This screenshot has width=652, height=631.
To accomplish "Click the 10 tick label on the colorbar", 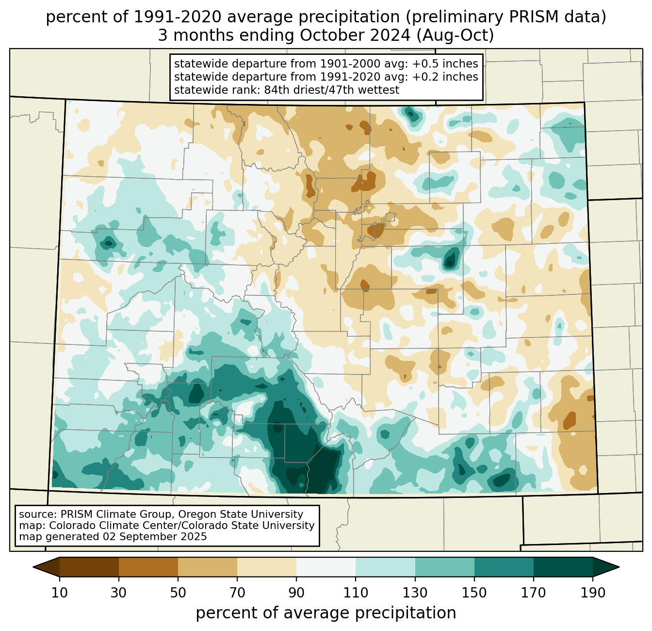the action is coord(60,593).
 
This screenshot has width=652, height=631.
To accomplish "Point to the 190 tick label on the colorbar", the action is coord(593,593).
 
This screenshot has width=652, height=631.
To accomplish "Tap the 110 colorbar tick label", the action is coord(356,593).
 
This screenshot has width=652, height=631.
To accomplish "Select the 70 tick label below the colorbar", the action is coord(237,593).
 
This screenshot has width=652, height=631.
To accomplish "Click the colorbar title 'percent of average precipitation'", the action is coord(326,613).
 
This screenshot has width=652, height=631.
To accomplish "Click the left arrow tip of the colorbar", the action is coord(33,567).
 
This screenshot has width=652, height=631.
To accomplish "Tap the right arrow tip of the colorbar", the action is coord(619,567).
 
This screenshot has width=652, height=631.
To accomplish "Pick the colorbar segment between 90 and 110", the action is coord(326,567).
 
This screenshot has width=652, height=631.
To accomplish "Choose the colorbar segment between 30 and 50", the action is coord(148,567).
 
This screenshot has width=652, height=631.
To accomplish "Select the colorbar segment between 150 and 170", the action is coord(504,567).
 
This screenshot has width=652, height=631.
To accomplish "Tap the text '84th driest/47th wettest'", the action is coord(332,90).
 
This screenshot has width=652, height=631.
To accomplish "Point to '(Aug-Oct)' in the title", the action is coord(455,36).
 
